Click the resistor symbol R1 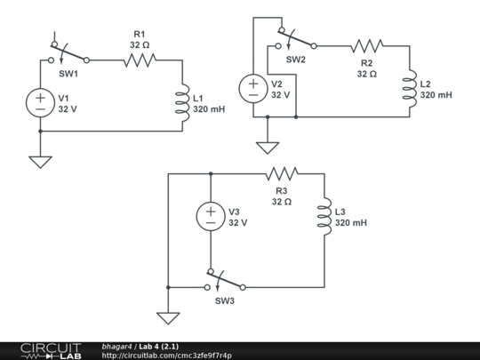coord(139,60)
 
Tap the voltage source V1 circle coord(41,102)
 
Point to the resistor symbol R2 coord(366,44)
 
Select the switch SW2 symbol coord(295,40)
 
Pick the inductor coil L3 coord(324,216)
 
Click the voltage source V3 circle coord(211,216)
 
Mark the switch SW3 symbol coord(225,283)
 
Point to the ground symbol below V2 coord(264,146)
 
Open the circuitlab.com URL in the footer coord(167,356)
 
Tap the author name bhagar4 coord(117,346)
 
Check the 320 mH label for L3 coord(350,223)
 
